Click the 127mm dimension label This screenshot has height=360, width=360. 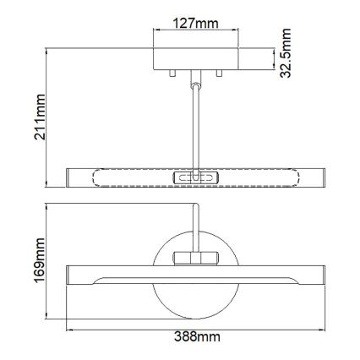click(x=192, y=24)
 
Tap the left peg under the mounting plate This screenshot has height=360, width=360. click(x=172, y=74)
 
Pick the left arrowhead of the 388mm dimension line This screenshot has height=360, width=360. click(x=70, y=328)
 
